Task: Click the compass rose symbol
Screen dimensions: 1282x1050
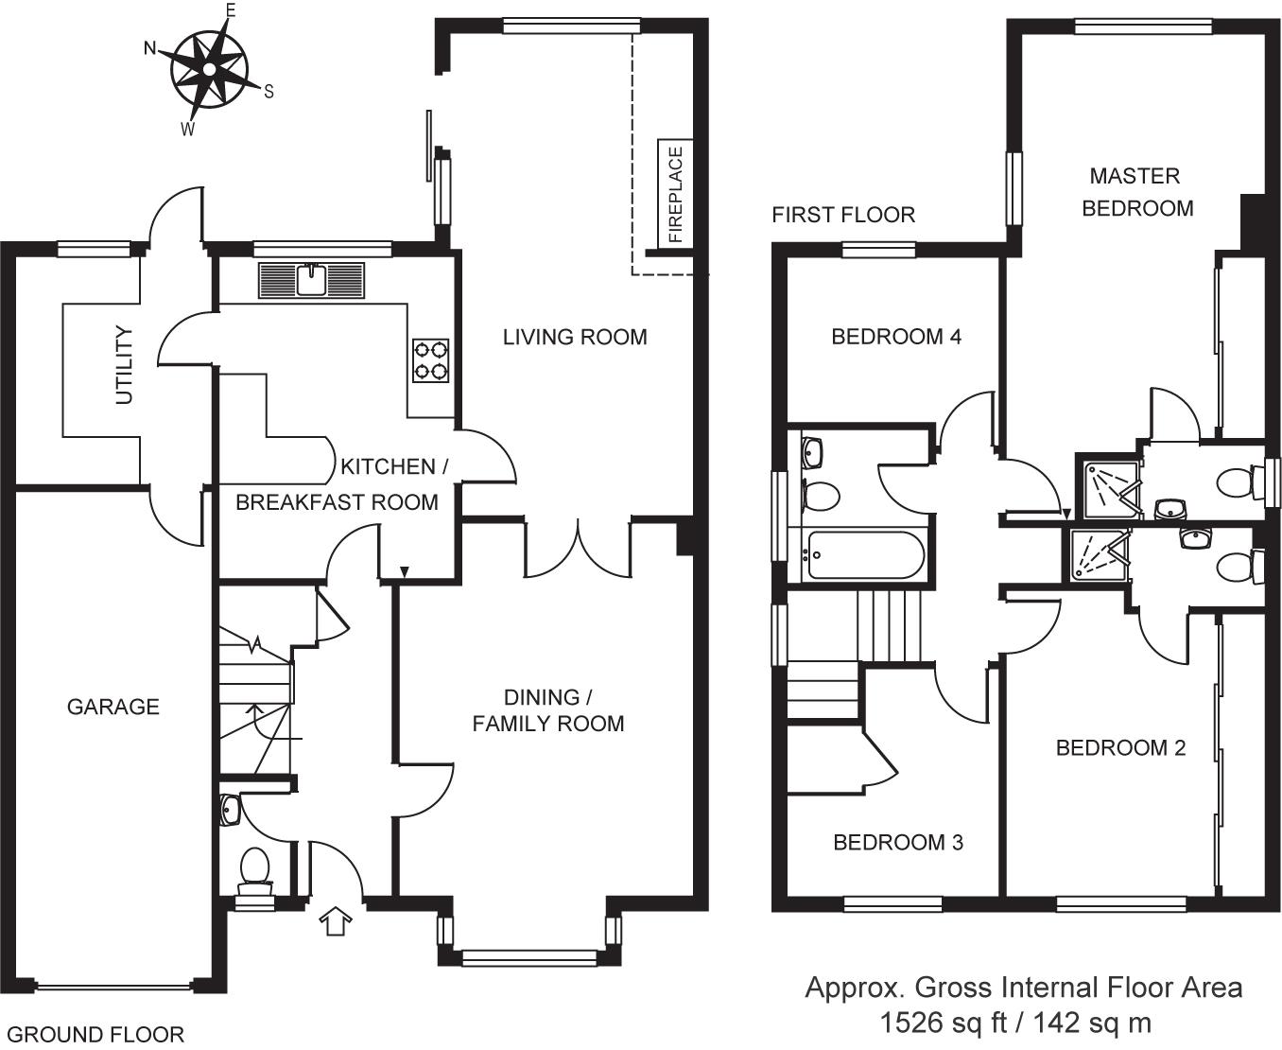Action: pyautogui.click(x=210, y=70)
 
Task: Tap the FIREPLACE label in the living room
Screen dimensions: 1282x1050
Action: pyautogui.click(x=675, y=194)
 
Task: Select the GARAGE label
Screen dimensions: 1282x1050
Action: pyautogui.click(x=113, y=707)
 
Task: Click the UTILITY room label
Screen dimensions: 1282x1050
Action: pyautogui.click(x=124, y=365)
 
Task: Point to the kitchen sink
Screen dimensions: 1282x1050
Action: pyautogui.click(x=312, y=280)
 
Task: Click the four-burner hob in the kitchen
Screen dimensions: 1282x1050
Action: pyautogui.click(x=430, y=360)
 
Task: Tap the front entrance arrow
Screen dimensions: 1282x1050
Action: pyautogui.click(x=336, y=920)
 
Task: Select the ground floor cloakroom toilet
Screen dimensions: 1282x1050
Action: pyautogui.click(x=255, y=872)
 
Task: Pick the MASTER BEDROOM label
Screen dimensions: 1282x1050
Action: pyautogui.click(x=1137, y=192)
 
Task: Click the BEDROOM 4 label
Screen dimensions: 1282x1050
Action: pyautogui.click(x=896, y=337)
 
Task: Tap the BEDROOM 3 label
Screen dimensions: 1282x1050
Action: pyautogui.click(x=898, y=842)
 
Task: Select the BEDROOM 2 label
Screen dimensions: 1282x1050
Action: pyautogui.click(x=1120, y=747)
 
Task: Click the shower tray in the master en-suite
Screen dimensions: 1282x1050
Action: pyautogui.click(x=1111, y=490)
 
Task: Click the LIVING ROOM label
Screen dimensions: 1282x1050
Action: pyautogui.click(x=575, y=337)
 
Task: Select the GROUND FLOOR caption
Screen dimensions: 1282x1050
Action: pyautogui.click(x=95, y=1034)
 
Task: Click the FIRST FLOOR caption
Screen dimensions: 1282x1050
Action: pyautogui.click(x=843, y=215)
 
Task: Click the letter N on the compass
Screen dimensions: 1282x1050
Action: pyautogui.click(x=150, y=48)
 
